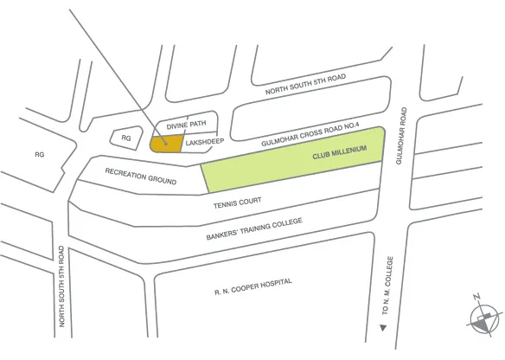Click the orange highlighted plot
[x=165, y=143]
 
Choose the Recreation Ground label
[x=141, y=177]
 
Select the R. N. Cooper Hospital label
[x=252, y=285]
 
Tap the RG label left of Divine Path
[x=125, y=138]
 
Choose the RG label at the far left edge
[x=39, y=155]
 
